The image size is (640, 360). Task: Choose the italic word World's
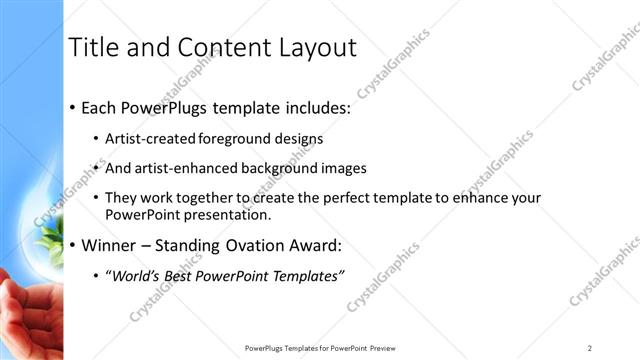coord(136,276)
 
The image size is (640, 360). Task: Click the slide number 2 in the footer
coord(590,348)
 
